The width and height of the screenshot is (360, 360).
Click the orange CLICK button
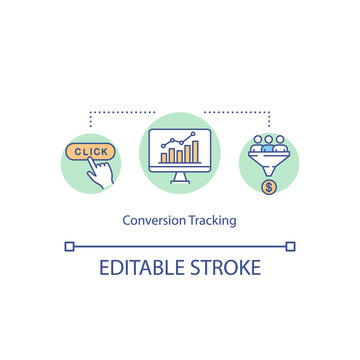90,152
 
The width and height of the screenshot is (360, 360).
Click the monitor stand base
180,181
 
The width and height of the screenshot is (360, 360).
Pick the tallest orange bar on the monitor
195,152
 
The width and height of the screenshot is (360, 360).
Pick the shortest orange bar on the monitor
165,158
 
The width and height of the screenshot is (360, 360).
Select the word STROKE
227,268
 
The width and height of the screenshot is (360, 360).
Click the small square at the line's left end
68,245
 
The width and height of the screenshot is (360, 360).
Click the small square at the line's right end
291,245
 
